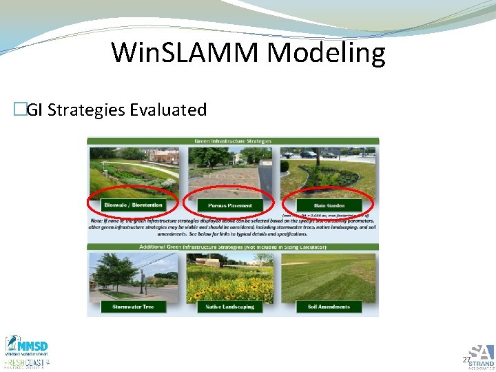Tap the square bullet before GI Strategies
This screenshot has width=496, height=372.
tap(19, 110)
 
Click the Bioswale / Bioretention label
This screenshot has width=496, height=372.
tap(133, 205)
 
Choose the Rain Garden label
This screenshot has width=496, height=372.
tap(328, 205)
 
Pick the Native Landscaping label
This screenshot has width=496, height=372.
tap(229, 307)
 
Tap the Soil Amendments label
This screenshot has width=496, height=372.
tap(328, 307)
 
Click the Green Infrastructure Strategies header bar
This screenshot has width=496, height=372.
tap(232, 141)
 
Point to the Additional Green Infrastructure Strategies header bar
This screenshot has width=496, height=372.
tap(232, 247)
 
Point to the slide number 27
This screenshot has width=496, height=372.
tap(466, 360)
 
